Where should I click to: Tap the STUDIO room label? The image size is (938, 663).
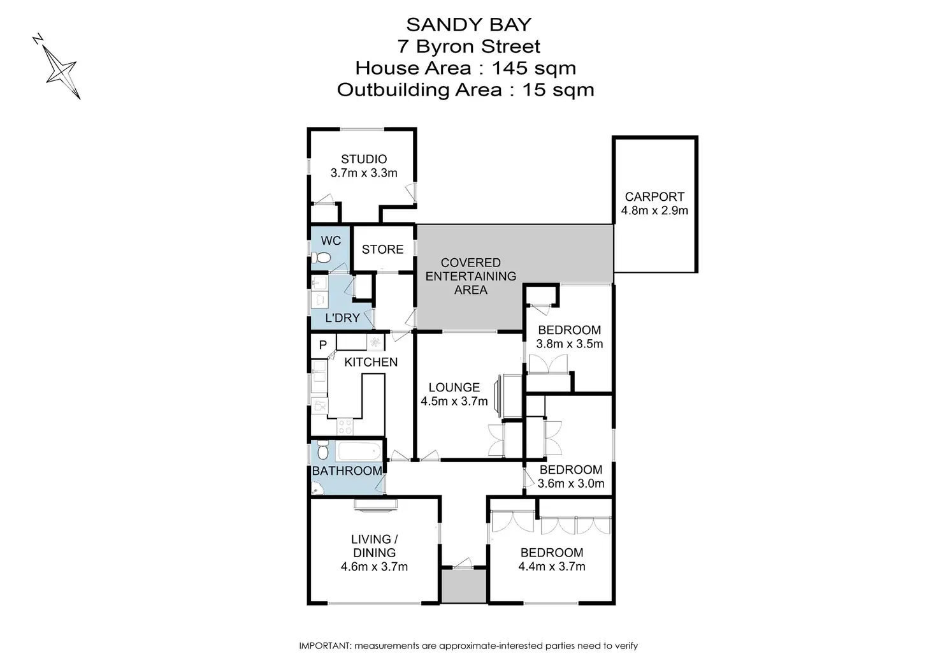pos(364,159)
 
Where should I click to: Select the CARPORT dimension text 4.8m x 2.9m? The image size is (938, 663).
pos(654,210)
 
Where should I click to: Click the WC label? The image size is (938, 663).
pos(331,240)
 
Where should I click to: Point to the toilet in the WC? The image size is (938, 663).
pos(322,258)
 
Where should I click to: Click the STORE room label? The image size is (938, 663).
pos(382,249)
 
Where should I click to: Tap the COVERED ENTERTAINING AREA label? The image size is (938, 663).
pos(471,276)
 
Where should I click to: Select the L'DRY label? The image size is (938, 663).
pos(342,317)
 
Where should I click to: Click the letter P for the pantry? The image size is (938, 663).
pos(322,345)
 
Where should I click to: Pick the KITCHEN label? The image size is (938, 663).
pos(371,362)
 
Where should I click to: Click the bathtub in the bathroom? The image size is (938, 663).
pos(359,452)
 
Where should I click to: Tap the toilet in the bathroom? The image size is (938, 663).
pos(322,452)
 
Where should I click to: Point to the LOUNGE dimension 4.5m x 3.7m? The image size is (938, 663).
pos(454,401)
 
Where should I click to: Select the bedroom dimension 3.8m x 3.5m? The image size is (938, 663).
pos(569,344)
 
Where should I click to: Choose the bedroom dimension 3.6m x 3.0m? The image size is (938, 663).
pos(570,483)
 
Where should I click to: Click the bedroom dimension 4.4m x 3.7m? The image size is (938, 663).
pos(552,566)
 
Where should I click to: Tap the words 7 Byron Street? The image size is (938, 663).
pos(469,46)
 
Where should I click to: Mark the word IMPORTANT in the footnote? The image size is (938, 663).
pos(324,646)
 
